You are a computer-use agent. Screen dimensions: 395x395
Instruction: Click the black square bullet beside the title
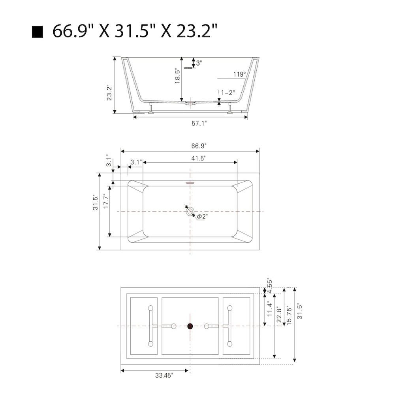tap(37, 32)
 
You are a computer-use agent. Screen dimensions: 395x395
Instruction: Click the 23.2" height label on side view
tap(109, 93)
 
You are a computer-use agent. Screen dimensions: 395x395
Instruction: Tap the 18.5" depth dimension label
tap(177, 76)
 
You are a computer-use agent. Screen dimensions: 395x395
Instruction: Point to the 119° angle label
tap(239, 74)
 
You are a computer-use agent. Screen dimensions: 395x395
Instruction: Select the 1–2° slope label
tap(228, 93)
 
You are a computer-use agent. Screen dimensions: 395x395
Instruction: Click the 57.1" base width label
tap(199, 123)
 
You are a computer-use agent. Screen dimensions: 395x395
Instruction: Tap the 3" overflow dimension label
tap(199, 63)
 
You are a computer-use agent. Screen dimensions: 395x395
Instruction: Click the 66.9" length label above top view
tap(199, 146)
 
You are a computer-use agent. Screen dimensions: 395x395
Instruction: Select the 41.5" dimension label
tap(199, 158)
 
